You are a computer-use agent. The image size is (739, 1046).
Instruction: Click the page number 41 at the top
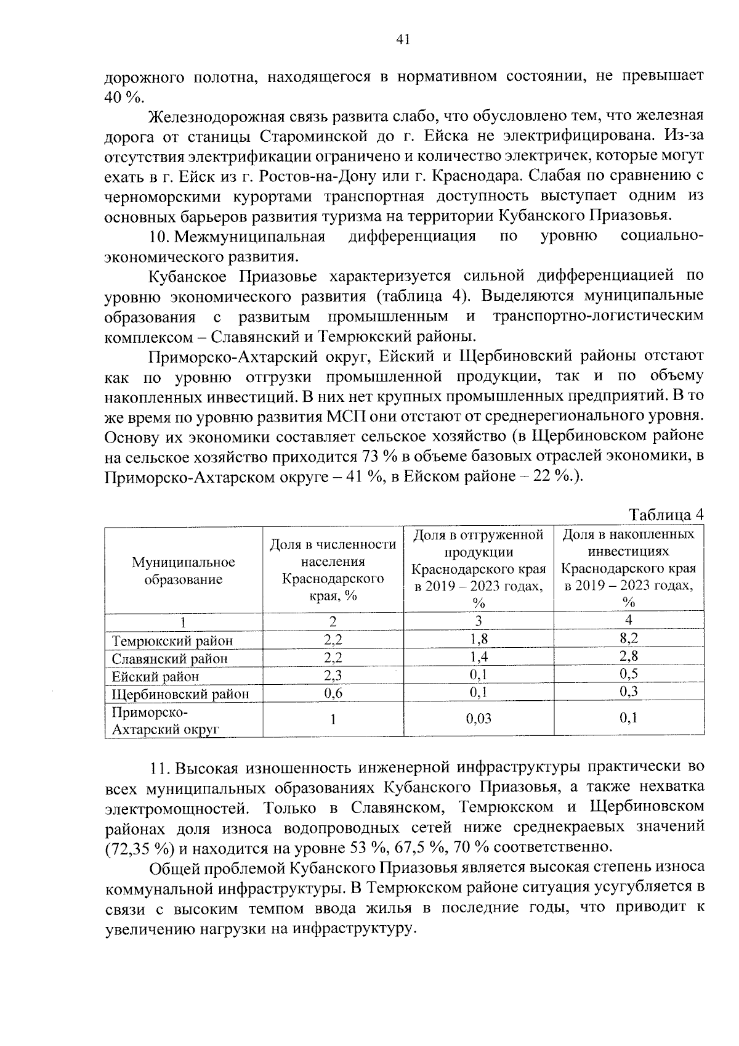pos(403,40)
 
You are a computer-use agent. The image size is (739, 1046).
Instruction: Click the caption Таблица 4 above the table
pos(665,515)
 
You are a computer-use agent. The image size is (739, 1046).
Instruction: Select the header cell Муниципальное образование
pos(184,571)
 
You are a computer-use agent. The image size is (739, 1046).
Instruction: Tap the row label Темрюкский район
pos(172,641)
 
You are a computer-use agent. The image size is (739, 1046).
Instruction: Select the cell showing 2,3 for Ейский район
pos(333,676)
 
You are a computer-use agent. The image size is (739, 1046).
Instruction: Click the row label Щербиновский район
pos(180,694)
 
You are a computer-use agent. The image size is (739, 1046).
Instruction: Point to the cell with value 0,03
pos(479,719)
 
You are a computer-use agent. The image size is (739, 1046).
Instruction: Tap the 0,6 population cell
pos(333,693)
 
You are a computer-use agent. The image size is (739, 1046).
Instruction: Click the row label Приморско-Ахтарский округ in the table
pos(165,721)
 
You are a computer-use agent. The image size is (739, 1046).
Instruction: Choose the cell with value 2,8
pos(629,656)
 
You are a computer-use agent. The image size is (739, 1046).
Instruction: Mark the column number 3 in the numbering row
pos(479,621)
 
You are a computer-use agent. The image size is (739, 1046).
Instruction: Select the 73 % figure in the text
pos(372,457)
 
